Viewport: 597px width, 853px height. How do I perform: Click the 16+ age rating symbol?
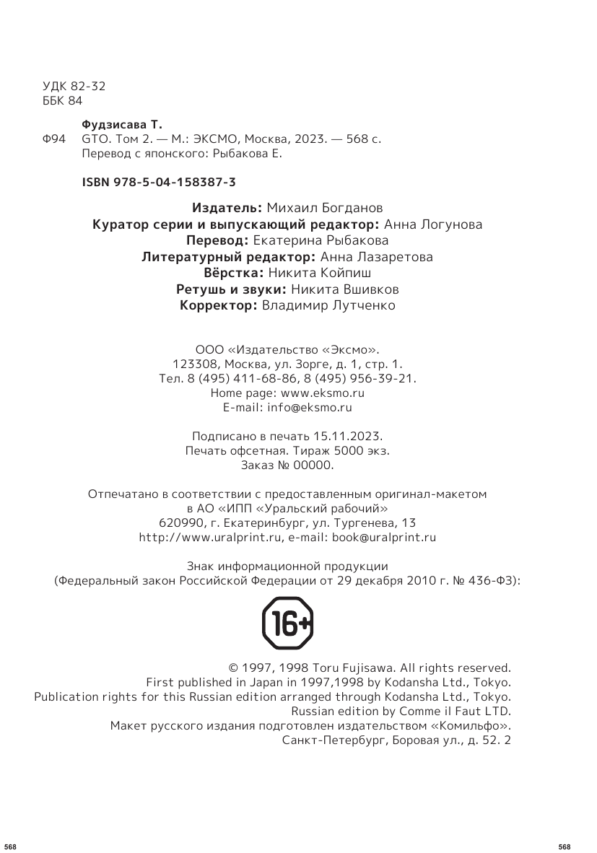tap(287, 624)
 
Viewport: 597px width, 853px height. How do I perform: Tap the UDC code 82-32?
tap(89, 86)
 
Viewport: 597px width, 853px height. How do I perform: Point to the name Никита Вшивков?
tap(344, 289)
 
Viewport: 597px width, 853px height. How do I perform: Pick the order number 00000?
tap(314, 465)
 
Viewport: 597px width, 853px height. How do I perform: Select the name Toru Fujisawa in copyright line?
tap(357, 668)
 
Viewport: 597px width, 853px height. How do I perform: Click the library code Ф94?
tap(55, 139)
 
